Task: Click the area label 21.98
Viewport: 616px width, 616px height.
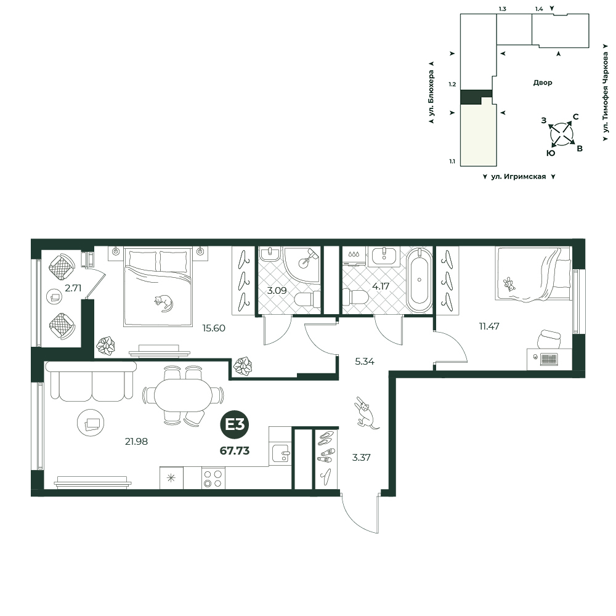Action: (136, 442)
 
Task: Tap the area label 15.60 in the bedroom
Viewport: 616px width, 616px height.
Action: (214, 328)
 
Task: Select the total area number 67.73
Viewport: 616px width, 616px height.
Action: (235, 451)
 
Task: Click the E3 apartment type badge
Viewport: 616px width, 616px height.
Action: (235, 424)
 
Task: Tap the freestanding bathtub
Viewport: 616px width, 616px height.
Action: (419, 280)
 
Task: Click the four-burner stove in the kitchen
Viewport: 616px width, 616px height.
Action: (213, 478)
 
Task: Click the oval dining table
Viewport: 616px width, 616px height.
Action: (183, 395)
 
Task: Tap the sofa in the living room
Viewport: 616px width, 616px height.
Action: (91, 381)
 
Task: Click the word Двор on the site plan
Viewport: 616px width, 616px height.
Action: (543, 83)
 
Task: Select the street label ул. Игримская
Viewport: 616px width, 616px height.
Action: (519, 177)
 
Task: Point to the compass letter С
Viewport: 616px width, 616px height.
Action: (575, 116)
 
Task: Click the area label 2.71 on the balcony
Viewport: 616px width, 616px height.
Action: (73, 288)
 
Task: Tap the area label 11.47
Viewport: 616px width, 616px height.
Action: (489, 326)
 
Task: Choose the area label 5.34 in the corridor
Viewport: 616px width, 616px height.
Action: (365, 362)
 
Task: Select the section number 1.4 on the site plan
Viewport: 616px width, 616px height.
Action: (539, 9)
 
